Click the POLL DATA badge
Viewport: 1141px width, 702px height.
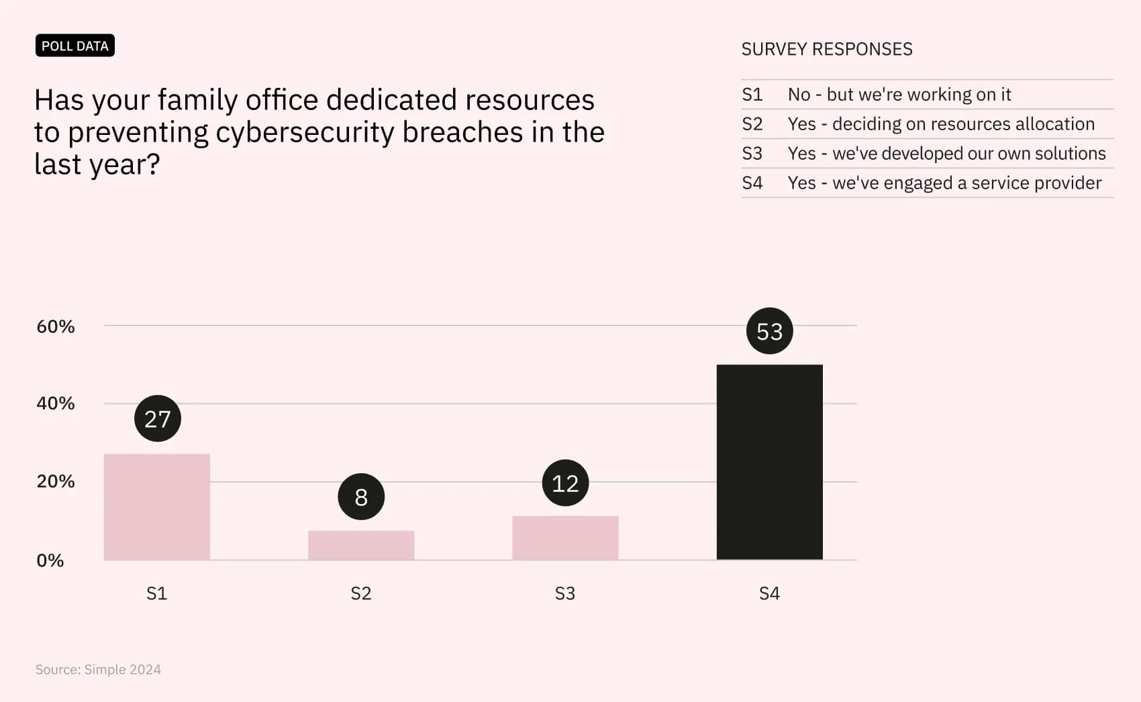(75, 46)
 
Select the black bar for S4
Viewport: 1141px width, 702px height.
(769, 462)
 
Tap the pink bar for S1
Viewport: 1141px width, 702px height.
(157, 507)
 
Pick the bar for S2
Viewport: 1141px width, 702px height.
(361, 545)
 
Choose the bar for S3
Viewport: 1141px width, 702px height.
(565, 538)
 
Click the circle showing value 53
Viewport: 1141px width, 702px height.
(769, 331)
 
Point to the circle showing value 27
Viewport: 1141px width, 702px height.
(158, 418)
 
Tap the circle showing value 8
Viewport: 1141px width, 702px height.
(361, 497)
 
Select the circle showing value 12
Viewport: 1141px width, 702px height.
(565, 483)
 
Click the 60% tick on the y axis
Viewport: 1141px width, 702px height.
(56, 327)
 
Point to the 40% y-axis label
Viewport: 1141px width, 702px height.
(56, 403)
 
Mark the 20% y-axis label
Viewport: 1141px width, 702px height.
(56, 481)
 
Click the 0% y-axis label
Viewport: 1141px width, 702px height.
(50, 560)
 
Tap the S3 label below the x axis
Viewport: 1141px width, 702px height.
(565, 593)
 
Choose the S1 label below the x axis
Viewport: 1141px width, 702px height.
(157, 593)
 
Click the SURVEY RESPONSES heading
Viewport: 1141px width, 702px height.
(827, 50)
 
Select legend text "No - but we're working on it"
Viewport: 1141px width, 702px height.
(899, 95)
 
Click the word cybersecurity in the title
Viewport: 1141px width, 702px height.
(305, 132)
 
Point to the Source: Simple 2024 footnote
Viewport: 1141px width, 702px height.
(98, 669)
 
